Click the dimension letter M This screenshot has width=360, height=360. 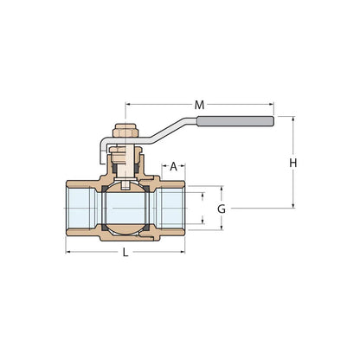click(x=200, y=105)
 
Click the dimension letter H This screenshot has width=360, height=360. click(x=293, y=163)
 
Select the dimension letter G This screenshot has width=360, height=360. click(x=222, y=209)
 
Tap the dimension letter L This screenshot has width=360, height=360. click(x=126, y=252)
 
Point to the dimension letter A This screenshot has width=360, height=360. click(x=174, y=165)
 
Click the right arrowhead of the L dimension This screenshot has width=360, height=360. click(x=183, y=252)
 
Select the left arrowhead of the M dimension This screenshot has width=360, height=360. click(x=130, y=105)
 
